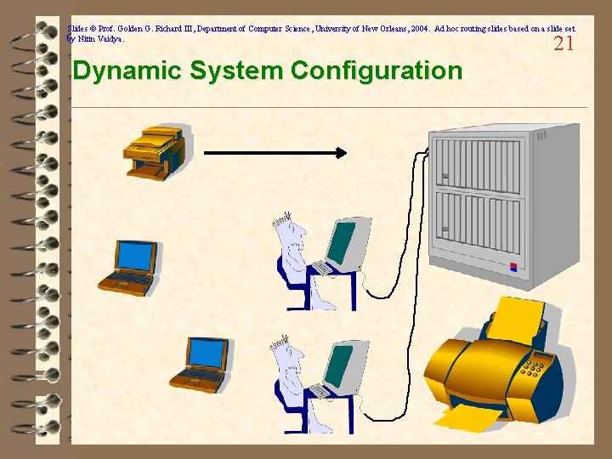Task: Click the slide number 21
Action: [x=564, y=44]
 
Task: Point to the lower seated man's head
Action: [x=289, y=353]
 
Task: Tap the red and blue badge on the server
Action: [x=513, y=266]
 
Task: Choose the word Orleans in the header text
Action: [x=392, y=29]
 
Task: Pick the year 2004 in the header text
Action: [x=418, y=29]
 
